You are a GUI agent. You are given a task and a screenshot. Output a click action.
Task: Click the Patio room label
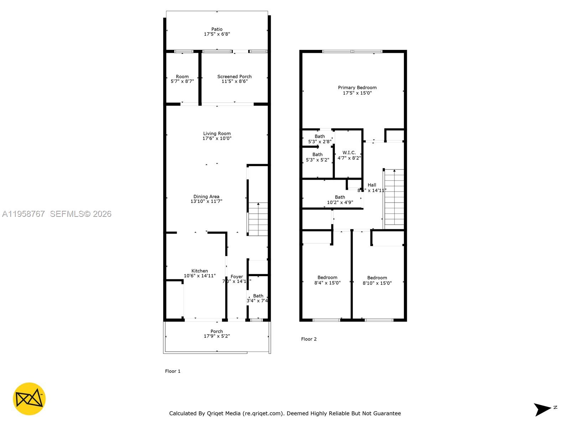(x=217, y=29)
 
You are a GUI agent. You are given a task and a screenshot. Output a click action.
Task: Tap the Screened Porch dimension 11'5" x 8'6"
(x=234, y=81)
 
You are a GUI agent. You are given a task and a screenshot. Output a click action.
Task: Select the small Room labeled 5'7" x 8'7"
(x=182, y=79)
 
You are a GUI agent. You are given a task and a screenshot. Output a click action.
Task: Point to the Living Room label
(x=217, y=133)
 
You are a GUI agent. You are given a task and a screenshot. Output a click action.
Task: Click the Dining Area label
(x=206, y=197)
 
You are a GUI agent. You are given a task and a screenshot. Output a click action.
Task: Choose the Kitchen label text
(x=199, y=271)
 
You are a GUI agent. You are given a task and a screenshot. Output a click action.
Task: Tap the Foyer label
(x=237, y=276)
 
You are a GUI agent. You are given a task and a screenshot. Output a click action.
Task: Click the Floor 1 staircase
(x=258, y=219)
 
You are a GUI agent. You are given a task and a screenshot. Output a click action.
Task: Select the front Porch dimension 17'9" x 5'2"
(x=217, y=336)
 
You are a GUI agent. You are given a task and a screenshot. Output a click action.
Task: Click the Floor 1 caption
(x=173, y=371)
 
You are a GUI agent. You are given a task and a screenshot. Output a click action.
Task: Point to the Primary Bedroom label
(x=357, y=87)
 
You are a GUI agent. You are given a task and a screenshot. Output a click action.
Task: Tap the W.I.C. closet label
(x=349, y=152)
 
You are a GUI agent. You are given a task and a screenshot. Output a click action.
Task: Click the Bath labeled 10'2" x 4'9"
(x=340, y=199)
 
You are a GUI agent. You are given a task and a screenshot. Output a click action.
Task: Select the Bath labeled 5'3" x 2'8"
(x=320, y=139)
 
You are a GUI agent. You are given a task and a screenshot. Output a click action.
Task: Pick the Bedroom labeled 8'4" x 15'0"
(x=327, y=280)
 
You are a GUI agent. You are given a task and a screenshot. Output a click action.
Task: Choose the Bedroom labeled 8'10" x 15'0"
(x=377, y=280)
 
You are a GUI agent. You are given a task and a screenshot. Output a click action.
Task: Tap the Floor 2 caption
(x=309, y=339)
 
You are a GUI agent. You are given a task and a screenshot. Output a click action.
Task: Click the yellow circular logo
(x=29, y=399)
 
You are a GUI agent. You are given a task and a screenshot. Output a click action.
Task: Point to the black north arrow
(x=542, y=409)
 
